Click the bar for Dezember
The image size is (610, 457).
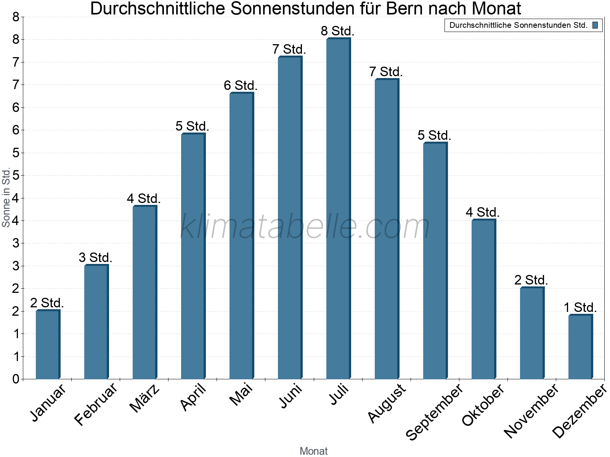[580, 347]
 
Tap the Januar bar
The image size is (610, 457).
[48, 345]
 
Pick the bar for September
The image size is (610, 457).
[435, 260]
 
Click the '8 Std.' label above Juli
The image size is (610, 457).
[338, 31]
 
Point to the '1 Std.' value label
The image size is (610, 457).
[580, 307]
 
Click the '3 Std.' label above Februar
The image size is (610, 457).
[95, 257]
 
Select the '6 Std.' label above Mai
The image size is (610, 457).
[241, 86]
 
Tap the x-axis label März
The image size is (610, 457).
[145, 398]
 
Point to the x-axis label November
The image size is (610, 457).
[531, 411]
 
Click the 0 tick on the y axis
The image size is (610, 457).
[16, 379]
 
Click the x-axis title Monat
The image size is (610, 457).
[313, 451]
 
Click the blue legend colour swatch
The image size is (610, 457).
[595, 26]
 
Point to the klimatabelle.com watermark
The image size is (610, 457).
[305, 227]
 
